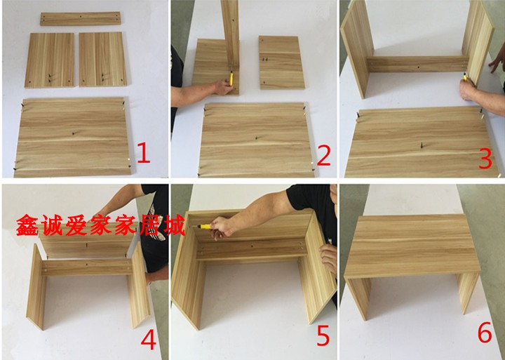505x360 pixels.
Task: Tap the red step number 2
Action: pos(323,155)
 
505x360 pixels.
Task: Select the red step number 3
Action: pos(485,158)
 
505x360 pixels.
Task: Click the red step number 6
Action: pos(485,333)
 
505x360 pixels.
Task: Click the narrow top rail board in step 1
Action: pos(81,18)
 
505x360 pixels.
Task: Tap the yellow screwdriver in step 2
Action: pos(231,79)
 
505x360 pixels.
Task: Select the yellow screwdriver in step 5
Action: pos(202,226)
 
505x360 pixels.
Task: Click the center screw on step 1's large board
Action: pos(74,133)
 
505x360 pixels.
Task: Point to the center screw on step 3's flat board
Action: pos(422,145)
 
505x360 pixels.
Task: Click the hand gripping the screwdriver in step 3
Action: pos(468,90)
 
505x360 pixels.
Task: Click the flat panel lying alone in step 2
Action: pos(281,62)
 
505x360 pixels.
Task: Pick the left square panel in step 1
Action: pos(50,60)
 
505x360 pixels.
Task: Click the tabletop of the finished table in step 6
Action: pos(412,245)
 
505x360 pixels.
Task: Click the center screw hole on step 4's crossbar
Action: pos(87,265)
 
